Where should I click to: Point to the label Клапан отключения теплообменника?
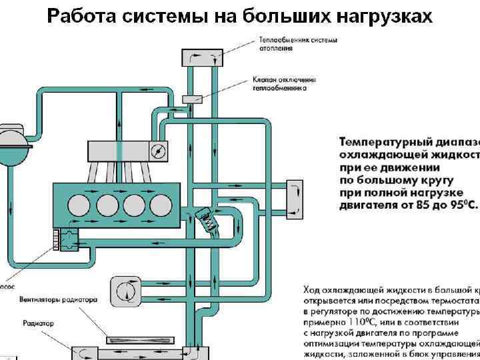click(x=284, y=83)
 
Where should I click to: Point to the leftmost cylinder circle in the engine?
click(x=81, y=203)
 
